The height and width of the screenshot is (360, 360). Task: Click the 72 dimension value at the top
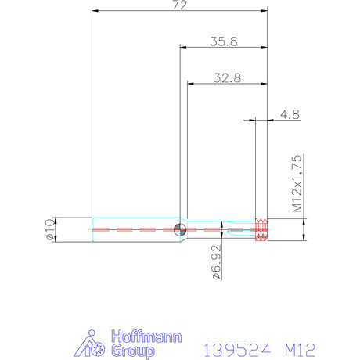click(180, 6)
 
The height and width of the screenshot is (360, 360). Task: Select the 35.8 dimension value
click(224, 41)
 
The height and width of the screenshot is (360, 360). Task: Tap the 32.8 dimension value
click(227, 77)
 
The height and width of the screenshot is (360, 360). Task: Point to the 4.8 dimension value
click(290, 114)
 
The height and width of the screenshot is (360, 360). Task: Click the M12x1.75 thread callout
click(297, 184)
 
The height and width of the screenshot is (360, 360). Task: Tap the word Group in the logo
click(131, 351)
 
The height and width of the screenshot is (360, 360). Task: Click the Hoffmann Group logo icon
click(93, 344)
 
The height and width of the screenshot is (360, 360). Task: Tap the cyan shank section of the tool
click(133, 230)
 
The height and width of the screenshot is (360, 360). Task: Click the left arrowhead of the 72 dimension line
click(95, 12)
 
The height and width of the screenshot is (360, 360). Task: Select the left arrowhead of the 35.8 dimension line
click(183, 47)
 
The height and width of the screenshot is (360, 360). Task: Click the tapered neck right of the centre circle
click(189, 230)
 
